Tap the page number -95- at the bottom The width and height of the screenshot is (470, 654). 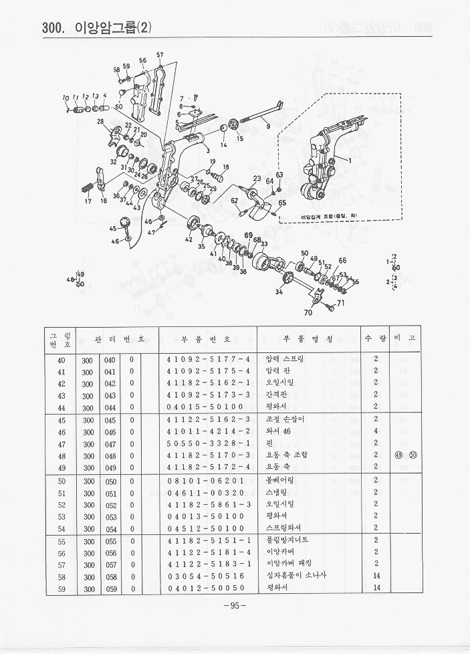click(x=235, y=606)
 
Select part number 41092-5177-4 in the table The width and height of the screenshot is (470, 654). click(x=208, y=359)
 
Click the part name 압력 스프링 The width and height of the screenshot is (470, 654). click(x=284, y=359)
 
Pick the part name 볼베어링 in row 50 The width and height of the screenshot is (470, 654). click(x=280, y=480)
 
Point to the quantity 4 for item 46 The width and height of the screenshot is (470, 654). click(x=376, y=431)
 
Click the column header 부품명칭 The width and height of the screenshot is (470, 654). click(x=308, y=339)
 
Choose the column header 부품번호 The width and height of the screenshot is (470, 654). click(x=208, y=339)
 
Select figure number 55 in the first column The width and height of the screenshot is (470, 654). click(x=62, y=540)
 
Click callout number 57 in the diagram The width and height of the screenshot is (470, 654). click(x=160, y=54)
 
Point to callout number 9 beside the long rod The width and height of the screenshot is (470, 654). click(x=267, y=126)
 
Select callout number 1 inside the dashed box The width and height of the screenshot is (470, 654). click(x=348, y=160)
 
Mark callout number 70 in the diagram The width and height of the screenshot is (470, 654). click(x=308, y=312)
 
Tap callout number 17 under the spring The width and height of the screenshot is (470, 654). click(x=88, y=201)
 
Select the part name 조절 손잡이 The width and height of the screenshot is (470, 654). click(x=284, y=419)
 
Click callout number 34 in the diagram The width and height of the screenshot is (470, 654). click(x=279, y=292)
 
